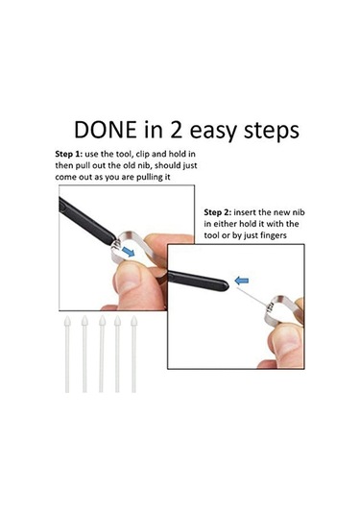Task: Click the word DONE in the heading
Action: [106, 130]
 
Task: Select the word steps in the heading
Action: [272, 132]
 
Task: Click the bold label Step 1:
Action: [68, 155]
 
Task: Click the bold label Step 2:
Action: [218, 212]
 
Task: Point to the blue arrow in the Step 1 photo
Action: [128, 252]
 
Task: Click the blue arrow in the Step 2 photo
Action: [242, 281]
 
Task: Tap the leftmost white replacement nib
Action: [67, 354]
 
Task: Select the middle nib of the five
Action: [102, 354]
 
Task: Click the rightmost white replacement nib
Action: [133, 354]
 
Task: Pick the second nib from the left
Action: [84, 354]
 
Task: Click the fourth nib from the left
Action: [117, 354]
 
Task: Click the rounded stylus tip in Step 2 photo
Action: [225, 285]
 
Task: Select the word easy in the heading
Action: [213, 132]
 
